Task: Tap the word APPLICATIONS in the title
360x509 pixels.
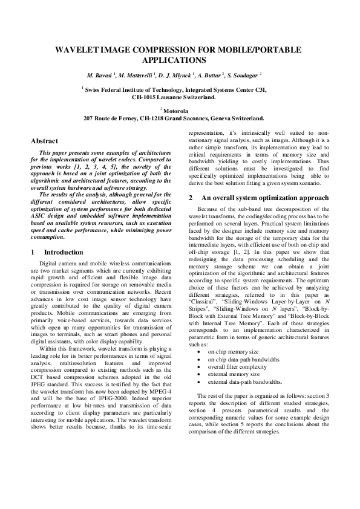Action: pos(180,60)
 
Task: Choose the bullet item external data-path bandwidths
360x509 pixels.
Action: pos(244,382)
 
